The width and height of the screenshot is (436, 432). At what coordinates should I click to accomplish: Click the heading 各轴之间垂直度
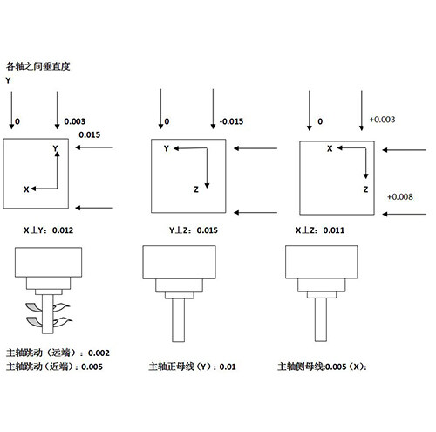(38, 66)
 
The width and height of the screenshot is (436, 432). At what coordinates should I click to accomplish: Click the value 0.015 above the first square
(90, 134)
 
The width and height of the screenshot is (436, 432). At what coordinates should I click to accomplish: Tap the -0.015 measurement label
(231, 121)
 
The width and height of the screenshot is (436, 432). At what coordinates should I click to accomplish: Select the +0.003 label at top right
(382, 120)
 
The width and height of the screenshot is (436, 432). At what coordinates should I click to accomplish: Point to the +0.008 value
(400, 196)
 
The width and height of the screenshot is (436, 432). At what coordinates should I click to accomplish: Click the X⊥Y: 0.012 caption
(48, 230)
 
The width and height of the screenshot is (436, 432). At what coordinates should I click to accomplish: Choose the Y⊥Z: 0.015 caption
(194, 230)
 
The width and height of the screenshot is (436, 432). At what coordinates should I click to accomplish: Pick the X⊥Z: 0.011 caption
(320, 230)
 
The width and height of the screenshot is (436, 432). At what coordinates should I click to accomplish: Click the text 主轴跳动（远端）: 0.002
(58, 353)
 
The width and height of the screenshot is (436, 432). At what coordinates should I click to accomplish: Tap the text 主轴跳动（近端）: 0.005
(54, 367)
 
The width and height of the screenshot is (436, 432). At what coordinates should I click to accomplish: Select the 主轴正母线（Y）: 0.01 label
(192, 367)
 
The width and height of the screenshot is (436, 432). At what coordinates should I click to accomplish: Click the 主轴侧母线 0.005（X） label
(322, 367)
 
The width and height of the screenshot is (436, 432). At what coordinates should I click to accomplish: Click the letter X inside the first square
(26, 189)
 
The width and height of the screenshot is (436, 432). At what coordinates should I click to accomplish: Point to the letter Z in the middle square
(196, 189)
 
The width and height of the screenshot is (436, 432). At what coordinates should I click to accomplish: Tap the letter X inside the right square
(330, 148)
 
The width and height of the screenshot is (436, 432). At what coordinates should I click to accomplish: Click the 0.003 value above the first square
(75, 121)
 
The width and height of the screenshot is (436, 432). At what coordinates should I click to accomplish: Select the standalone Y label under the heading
(8, 80)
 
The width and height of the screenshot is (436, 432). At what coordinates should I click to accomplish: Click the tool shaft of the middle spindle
(178, 320)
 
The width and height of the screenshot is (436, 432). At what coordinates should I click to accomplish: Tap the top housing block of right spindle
(322, 262)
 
